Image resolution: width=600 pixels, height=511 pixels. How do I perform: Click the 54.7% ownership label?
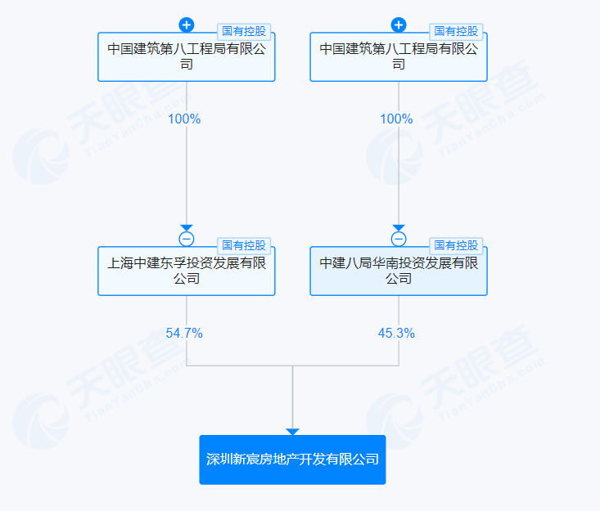(184, 333)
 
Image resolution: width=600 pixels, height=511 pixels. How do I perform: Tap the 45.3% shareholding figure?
(396, 333)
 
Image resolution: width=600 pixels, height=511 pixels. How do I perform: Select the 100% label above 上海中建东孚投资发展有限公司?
(184, 119)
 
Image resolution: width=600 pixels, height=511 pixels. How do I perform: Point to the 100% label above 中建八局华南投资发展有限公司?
(396, 119)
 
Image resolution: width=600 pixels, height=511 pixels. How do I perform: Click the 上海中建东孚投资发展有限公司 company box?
(186, 271)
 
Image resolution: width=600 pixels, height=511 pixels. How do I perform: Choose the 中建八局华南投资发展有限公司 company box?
(398, 271)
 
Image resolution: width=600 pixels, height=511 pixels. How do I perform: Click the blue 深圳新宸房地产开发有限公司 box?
(292, 459)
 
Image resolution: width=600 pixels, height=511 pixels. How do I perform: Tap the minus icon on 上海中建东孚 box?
(186, 239)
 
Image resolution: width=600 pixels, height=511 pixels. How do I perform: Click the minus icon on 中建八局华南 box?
(399, 239)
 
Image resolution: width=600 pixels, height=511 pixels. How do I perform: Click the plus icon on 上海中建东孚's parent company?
(186, 25)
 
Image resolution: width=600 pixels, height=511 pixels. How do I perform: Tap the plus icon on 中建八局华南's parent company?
(399, 25)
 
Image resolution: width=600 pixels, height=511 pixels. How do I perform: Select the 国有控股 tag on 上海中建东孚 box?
(244, 245)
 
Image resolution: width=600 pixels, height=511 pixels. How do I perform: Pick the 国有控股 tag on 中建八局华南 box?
(456, 245)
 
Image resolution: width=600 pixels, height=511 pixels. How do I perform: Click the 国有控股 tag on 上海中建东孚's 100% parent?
(244, 31)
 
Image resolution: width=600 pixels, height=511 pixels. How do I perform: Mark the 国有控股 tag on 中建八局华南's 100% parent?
(456, 31)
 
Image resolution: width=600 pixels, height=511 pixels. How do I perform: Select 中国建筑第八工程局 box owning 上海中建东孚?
(186, 57)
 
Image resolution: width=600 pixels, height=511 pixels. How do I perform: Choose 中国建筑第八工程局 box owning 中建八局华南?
(398, 57)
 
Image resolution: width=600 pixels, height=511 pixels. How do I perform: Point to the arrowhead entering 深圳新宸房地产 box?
(292, 431)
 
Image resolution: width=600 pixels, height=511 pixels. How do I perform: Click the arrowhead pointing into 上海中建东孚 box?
(186, 228)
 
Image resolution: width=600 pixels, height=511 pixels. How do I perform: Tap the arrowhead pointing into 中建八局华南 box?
(399, 228)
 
